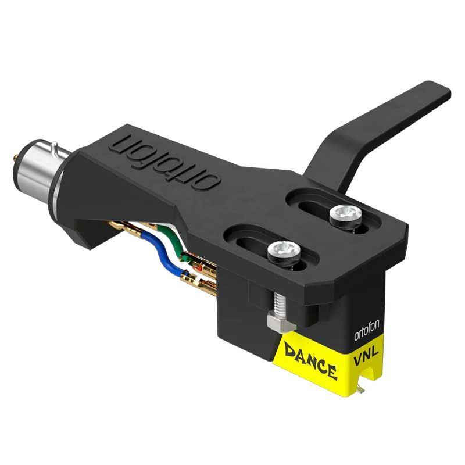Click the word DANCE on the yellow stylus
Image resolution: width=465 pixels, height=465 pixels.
coord(310,360)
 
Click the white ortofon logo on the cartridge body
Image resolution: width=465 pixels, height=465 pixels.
coord(367,330)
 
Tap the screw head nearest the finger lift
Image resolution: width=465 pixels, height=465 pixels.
coord(346,214)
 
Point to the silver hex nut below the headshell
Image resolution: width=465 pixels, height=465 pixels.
coord(281,323)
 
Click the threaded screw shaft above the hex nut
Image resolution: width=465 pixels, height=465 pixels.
coord(279,302)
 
